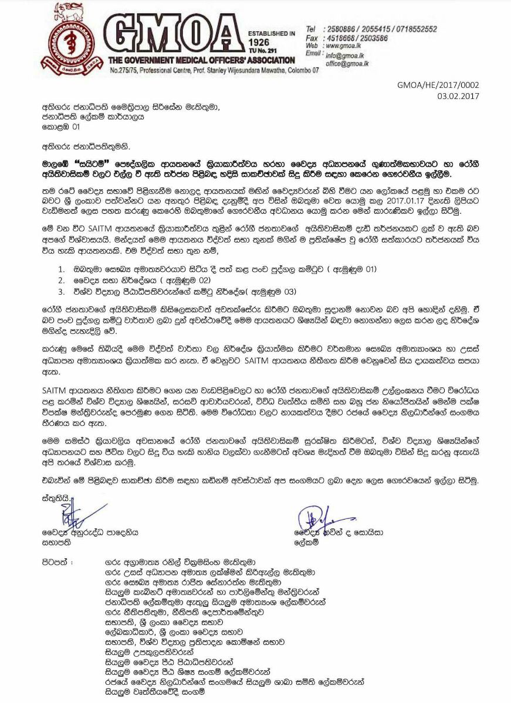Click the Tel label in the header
(311, 29)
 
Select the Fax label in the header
(312, 37)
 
